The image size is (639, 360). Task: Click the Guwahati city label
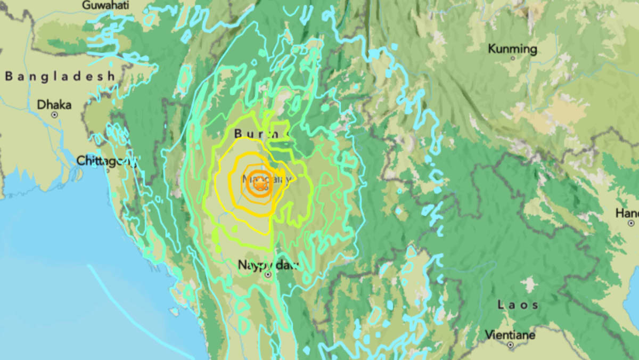click(x=106, y=5)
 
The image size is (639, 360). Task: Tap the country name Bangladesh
click(x=60, y=77)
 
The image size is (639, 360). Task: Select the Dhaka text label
click(x=54, y=105)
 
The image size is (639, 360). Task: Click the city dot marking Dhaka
click(x=54, y=114)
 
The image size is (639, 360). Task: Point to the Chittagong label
click(x=106, y=160)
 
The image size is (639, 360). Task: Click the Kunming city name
click(x=512, y=49)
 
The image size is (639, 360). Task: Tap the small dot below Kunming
click(x=513, y=58)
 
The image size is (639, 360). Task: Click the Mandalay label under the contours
click(x=266, y=179)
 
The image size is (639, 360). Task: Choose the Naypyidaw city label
click(x=267, y=265)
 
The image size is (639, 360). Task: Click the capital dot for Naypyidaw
click(x=268, y=275)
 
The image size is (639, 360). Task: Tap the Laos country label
click(x=518, y=305)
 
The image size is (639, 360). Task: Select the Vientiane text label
click(x=510, y=335)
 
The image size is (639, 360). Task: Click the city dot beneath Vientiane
click(x=510, y=345)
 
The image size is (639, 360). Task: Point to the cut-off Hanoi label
click(x=627, y=213)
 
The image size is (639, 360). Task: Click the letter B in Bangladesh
click(x=9, y=77)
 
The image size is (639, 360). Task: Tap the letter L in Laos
click(x=501, y=305)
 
